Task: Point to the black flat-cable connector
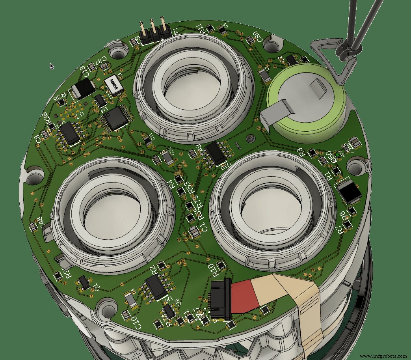[220, 299]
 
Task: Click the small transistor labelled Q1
[84, 282]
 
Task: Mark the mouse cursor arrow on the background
[52, 66]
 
